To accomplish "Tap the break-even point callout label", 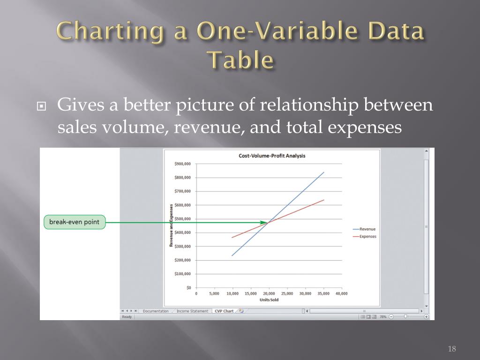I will coord(75,222).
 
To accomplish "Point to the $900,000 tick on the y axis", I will coord(182,164).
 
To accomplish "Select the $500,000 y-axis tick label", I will coord(182,219).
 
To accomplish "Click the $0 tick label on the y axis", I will coord(188,287).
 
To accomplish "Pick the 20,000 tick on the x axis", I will coord(269,293).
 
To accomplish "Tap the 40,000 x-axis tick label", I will coord(341,293).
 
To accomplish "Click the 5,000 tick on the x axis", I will coord(214,293).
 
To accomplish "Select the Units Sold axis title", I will coord(269,300).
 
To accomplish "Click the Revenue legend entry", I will coord(367,229).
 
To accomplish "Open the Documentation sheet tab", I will coord(156,311).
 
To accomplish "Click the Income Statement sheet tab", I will coord(192,311).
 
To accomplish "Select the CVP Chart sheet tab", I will coord(224,311).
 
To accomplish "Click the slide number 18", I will coord(452,349).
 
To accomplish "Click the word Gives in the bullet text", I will coord(77,105).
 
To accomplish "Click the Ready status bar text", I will coord(127,317).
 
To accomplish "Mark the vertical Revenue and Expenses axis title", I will coord(171,225).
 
